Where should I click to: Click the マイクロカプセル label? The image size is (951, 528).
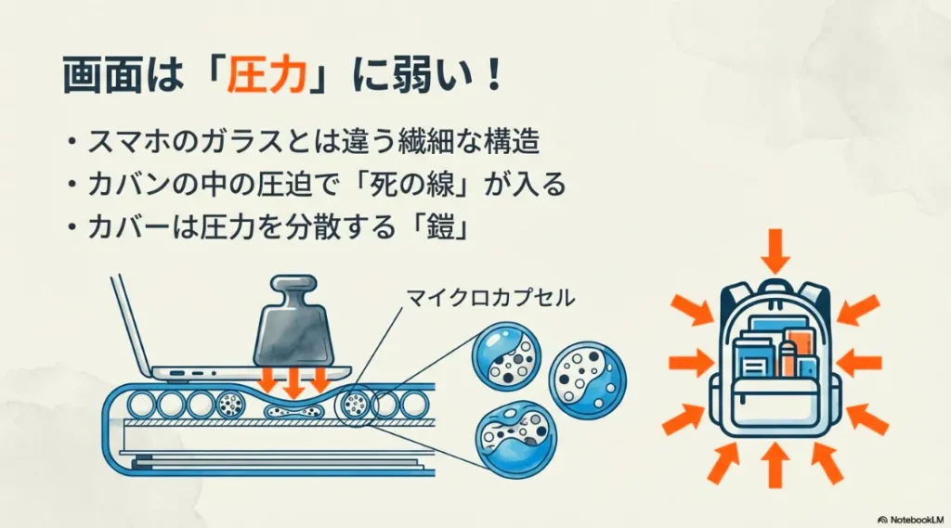click(x=490, y=298)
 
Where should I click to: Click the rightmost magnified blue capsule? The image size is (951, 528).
click(x=587, y=376)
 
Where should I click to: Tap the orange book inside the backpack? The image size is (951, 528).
click(x=798, y=350)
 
